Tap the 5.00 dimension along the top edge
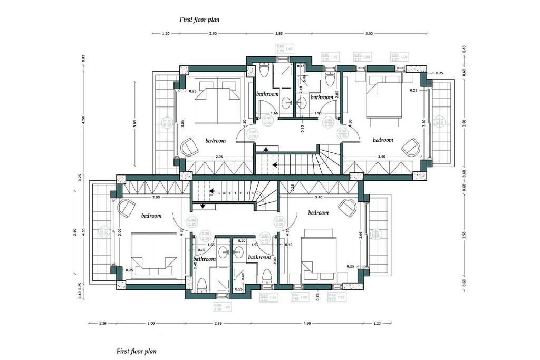[369, 33]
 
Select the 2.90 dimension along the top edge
[213, 33]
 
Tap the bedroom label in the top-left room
[215, 141]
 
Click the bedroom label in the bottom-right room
[318, 213]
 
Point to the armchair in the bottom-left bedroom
[126, 208]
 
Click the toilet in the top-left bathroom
[265, 70]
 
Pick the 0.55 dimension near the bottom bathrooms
[239, 289]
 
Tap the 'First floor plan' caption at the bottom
[136, 350]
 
